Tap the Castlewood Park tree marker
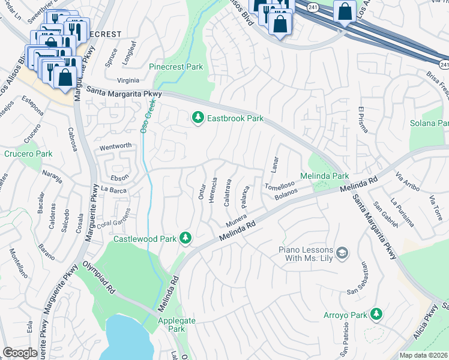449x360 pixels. [x=185, y=239]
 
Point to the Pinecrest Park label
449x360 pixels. [x=176, y=67]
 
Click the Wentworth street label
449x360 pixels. [x=115, y=146]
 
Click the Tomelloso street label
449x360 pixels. [x=280, y=185]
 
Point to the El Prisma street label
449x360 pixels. [x=361, y=122]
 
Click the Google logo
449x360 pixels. [x=20, y=353]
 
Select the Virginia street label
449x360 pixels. [x=128, y=80]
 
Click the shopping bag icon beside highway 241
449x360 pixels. [x=345, y=11]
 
